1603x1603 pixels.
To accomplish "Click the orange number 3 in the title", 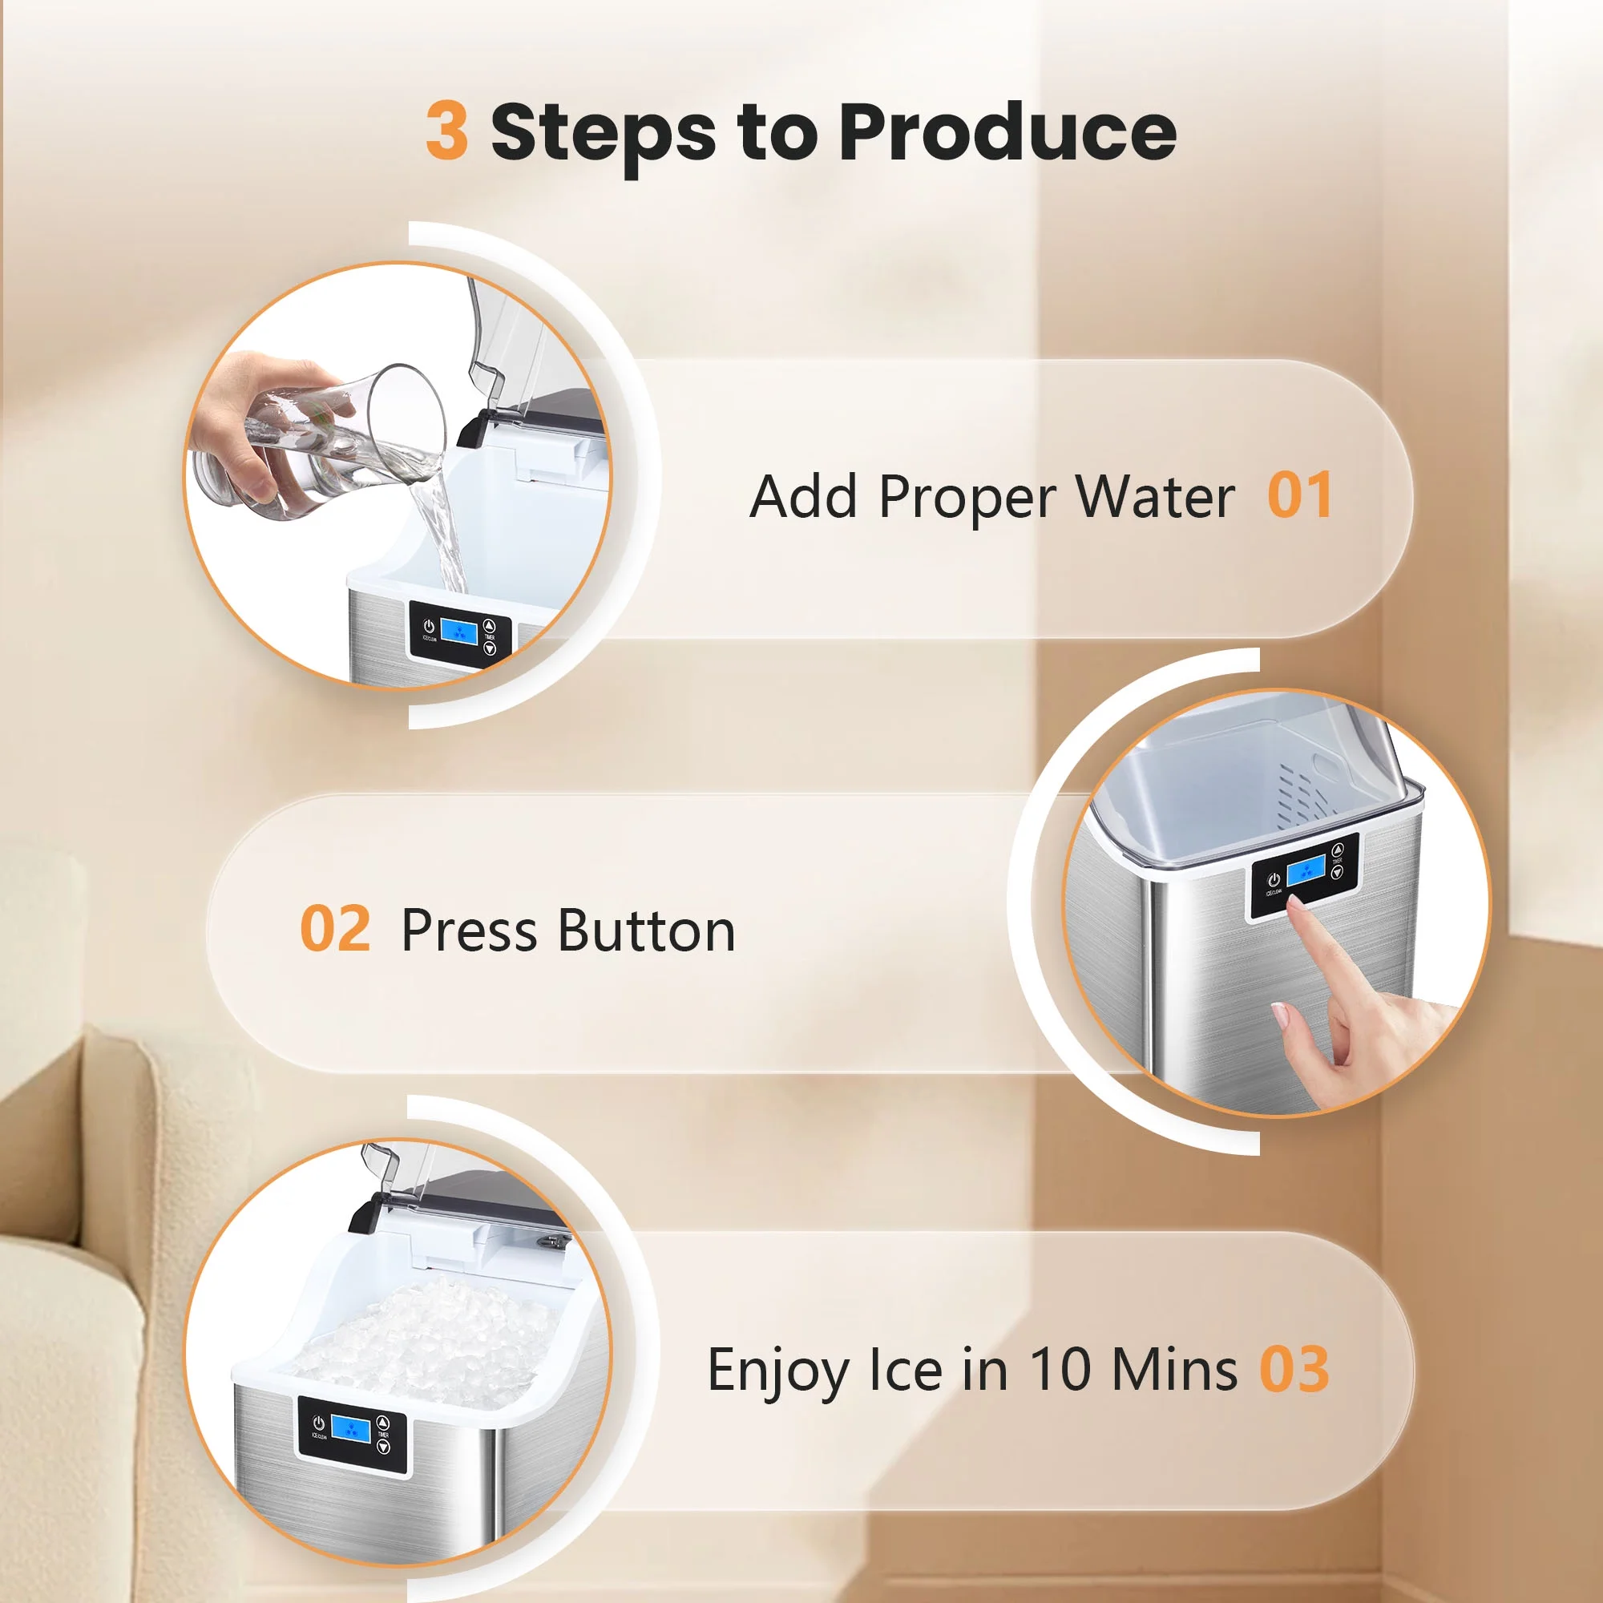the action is point(446,131).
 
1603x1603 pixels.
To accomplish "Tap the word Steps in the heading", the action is point(604,136).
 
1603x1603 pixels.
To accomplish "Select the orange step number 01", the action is point(1299,495).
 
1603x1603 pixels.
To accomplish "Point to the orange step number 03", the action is point(1295,1368).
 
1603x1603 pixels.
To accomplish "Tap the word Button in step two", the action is point(647,930).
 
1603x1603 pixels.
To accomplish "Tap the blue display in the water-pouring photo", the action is point(458,632).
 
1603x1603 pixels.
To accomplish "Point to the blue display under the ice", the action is point(350,1428).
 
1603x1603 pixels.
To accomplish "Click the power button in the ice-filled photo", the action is point(317,1423).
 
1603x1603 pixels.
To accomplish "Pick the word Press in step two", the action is point(470,930).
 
